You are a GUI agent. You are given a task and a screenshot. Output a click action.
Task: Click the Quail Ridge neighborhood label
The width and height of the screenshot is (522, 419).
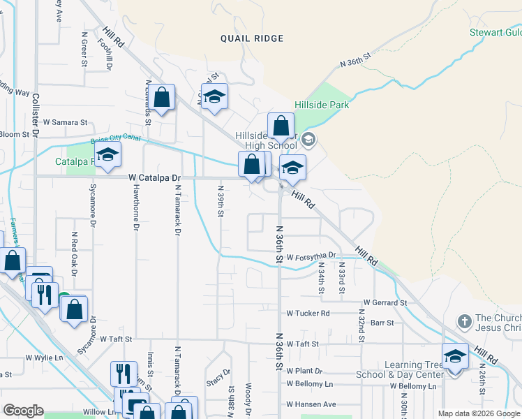(x=252, y=38)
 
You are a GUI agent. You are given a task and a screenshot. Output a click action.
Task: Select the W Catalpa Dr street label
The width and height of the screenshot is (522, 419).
(x=155, y=178)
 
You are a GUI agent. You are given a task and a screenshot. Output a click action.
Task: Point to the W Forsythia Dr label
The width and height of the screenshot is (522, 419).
(x=311, y=256)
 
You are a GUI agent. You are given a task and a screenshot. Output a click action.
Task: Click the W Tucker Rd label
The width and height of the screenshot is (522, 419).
(x=308, y=314)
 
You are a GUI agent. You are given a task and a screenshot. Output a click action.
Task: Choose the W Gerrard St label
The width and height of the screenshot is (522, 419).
(x=385, y=303)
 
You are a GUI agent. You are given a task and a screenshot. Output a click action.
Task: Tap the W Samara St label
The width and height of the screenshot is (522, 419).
(x=65, y=122)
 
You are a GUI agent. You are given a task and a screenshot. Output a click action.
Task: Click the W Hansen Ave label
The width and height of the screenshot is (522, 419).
(x=311, y=404)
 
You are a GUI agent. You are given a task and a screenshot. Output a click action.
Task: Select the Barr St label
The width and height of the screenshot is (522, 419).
(x=382, y=323)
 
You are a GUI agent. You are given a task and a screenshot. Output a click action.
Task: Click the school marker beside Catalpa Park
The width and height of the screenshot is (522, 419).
(x=107, y=156)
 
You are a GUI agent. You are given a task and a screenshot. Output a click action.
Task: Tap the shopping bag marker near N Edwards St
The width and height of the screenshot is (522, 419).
(x=162, y=98)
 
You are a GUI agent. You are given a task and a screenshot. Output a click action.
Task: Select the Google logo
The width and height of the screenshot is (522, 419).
(x=23, y=411)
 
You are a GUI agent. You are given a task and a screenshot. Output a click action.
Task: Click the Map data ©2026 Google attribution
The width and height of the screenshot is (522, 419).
(x=478, y=413)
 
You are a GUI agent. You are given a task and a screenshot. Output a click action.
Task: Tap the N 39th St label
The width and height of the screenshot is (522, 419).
(x=221, y=201)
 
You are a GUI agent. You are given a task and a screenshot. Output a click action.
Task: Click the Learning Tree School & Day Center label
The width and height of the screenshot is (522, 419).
(x=414, y=370)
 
